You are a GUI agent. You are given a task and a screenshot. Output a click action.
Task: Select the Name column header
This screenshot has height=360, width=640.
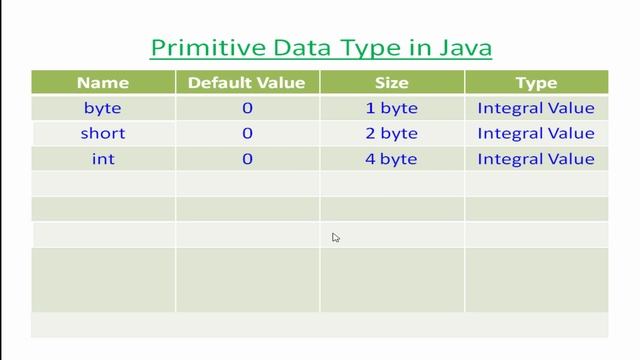click(x=103, y=83)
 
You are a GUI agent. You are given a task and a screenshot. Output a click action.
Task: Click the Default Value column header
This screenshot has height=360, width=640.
click(x=247, y=83)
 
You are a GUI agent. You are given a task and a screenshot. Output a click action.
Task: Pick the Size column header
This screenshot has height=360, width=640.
click(x=392, y=83)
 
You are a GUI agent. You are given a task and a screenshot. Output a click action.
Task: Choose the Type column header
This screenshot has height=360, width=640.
click(x=536, y=83)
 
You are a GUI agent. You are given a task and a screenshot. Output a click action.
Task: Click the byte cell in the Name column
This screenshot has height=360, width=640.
click(x=103, y=108)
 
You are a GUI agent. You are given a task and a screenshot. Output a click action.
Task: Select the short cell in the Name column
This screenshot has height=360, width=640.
click(x=103, y=133)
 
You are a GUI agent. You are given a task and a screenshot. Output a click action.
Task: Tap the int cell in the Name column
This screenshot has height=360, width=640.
click(x=103, y=158)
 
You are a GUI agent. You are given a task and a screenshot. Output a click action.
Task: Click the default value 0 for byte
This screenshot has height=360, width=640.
click(x=247, y=108)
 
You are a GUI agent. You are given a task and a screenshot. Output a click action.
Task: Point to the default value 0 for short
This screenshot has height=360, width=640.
click(x=247, y=133)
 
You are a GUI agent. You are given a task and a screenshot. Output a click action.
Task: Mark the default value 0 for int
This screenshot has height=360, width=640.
click(x=247, y=158)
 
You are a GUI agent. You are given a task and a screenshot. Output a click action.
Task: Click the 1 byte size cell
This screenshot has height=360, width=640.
click(x=392, y=108)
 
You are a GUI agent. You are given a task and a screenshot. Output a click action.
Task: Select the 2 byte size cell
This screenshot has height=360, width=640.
click(x=392, y=133)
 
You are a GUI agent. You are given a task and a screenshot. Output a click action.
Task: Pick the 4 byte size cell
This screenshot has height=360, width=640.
click(x=392, y=158)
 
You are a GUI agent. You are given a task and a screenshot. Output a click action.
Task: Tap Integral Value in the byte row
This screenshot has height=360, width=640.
click(x=536, y=108)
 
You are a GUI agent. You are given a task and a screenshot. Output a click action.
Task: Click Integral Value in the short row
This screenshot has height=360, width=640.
click(x=536, y=133)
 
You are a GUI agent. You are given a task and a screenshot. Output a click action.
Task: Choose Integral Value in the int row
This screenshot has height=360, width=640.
click(x=536, y=158)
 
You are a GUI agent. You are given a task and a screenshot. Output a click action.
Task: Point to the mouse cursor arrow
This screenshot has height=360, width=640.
click(x=336, y=237)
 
